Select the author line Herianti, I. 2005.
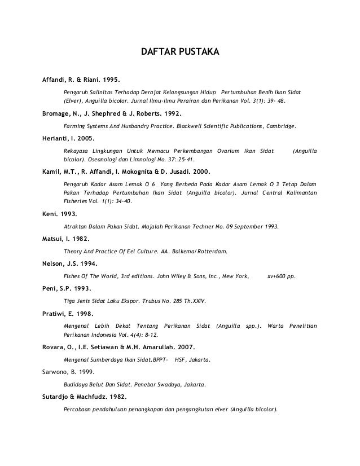pos(69,138)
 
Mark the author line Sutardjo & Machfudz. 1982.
pos(85,397)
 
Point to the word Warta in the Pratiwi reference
pos(275,326)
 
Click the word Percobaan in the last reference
pos(79,410)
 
